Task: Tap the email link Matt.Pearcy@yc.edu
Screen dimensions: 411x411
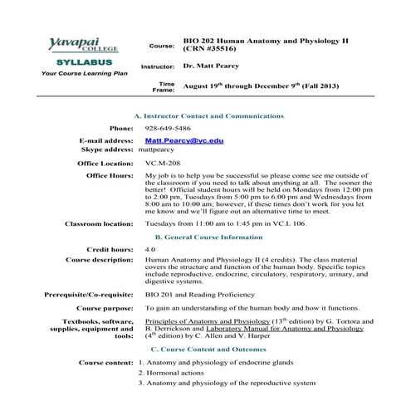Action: pyautogui.click(x=183, y=141)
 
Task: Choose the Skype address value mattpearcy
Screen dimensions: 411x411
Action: pyautogui.click(x=158, y=150)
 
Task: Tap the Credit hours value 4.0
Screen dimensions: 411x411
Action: pyautogui.click(x=149, y=249)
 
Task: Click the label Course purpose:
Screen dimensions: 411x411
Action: pyautogui.click(x=102, y=308)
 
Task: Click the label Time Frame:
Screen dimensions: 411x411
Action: pyautogui.click(x=164, y=87)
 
